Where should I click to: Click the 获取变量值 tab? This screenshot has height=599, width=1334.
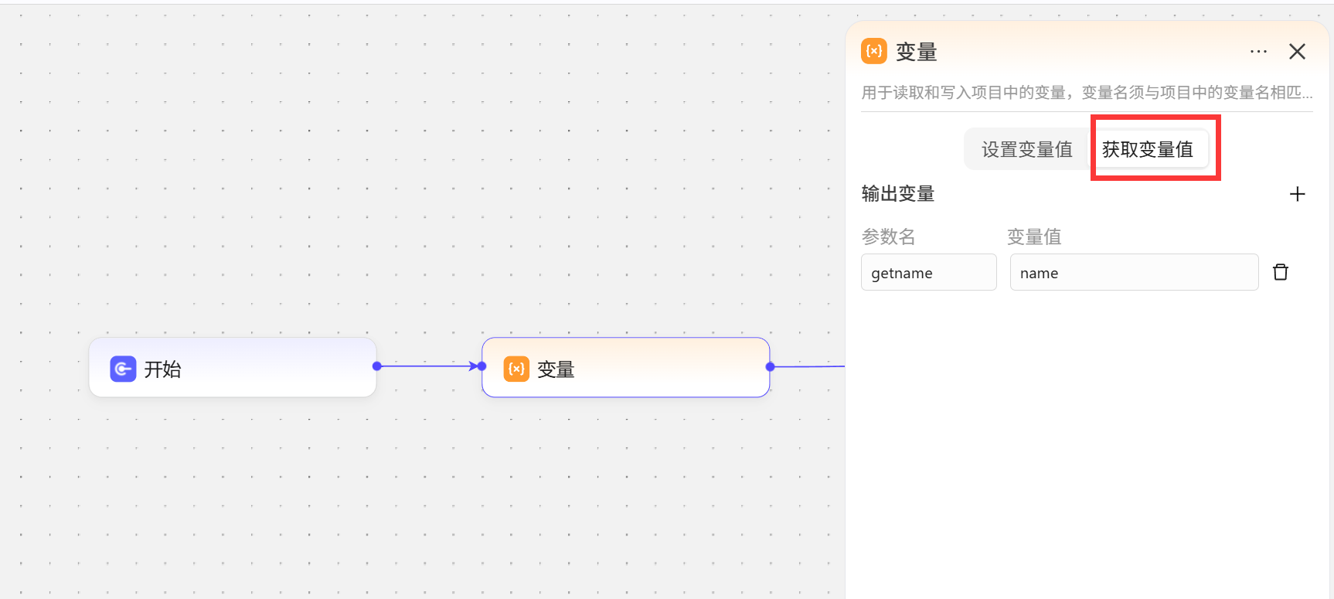tap(1148, 149)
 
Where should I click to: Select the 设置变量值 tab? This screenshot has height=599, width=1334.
tap(1027, 149)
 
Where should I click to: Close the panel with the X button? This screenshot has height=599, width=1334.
tap(1297, 52)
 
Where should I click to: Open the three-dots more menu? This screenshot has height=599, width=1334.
tap(1258, 52)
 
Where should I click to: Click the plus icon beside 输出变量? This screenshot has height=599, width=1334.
tap(1298, 194)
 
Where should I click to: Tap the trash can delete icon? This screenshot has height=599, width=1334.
tap(1281, 272)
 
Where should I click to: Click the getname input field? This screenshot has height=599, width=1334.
tap(929, 272)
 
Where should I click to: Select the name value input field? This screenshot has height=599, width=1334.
tap(1134, 272)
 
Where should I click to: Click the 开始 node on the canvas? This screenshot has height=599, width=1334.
tap(233, 367)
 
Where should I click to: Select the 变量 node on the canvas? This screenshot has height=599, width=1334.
tap(626, 367)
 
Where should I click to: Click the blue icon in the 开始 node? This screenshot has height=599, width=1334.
tap(123, 369)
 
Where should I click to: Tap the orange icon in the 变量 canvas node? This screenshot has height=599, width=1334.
tap(516, 369)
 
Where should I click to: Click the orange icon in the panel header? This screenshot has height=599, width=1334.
tap(874, 51)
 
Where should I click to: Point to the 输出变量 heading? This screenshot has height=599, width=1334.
tap(898, 194)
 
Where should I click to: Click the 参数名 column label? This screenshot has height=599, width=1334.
tap(889, 237)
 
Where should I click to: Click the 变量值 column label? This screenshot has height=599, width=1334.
tap(1034, 237)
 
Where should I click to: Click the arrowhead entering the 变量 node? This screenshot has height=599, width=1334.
tap(474, 366)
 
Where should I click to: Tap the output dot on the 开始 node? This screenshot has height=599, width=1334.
tap(377, 366)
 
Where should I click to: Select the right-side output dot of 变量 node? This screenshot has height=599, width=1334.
tap(770, 366)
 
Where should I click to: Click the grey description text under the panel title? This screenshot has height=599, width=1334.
tap(1087, 93)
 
